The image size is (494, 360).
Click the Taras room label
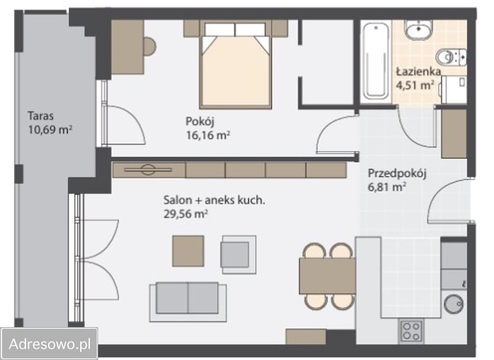click(x=40, y=116)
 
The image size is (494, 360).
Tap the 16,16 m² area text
click(x=208, y=135)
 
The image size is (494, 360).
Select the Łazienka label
click(x=418, y=71)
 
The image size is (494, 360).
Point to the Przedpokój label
click(x=397, y=174)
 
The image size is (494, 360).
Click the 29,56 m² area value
click(x=186, y=214)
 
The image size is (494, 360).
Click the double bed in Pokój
click(x=235, y=66)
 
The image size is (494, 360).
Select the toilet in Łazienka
click(x=451, y=57)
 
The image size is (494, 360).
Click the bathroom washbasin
click(x=419, y=29)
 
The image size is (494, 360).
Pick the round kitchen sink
click(x=454, y=303)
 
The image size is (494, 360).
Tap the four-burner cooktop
click(x=412, y=331)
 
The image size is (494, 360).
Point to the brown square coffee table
click(x=188, y=251)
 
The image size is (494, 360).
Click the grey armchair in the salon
click(x=239, y=255)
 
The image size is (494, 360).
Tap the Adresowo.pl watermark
click(x=50, y=344)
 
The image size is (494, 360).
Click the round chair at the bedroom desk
click(x=150, y=46)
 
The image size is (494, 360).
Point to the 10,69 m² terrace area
click(x=50, y=130)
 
